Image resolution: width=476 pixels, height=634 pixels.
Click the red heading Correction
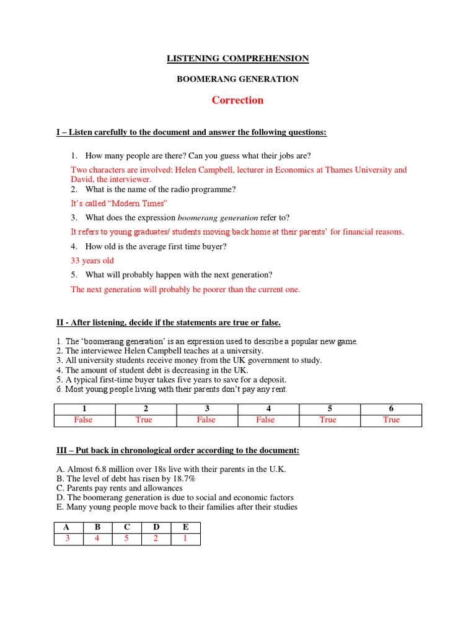(237, 100)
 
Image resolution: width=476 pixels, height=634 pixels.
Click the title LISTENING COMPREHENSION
(237, 59)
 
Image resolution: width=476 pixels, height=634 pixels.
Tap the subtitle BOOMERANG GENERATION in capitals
(237, 79)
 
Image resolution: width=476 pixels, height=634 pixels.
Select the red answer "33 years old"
(92, 261)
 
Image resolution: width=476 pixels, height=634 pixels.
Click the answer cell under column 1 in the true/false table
(83, 420)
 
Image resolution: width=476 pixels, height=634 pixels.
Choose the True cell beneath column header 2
(144, 420)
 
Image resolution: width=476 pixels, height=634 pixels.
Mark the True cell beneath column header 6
(391, 420)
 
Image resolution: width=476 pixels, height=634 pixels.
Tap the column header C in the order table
(127, 528)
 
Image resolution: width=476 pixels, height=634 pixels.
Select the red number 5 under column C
(127, 539)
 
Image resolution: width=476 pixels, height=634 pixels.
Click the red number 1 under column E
(185, 539)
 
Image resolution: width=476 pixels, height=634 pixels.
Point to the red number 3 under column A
(68, 539)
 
